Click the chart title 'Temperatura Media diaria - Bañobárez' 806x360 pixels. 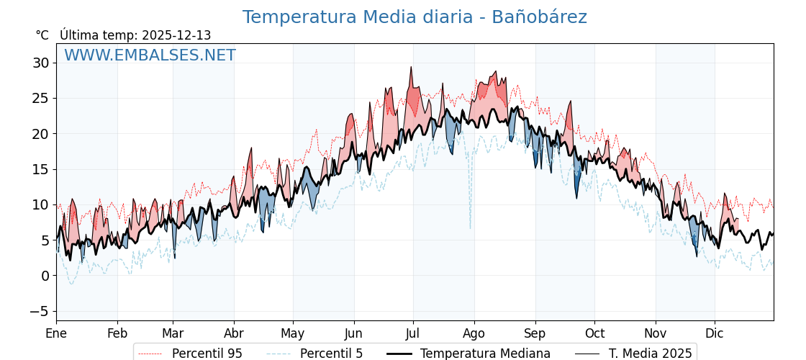[x=414, y=17]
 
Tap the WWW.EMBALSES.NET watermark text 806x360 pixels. [x=150, y=55]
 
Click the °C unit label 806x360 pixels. [x=42, y=35]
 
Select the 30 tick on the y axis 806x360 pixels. [x=40, y=63]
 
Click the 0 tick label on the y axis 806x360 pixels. [x=45, y=276]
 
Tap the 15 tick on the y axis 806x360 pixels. [x=40, y=169]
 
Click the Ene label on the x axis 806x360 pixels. [x=56, y=333]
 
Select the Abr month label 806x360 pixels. [x=234, y=333]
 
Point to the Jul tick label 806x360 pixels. [x=413, y=333]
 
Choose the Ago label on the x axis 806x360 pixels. [x=474, y=333]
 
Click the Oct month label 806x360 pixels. [x=594, y=333]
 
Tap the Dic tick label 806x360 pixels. [x=715, y=333]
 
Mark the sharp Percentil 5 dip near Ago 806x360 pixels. [x=471, y=228]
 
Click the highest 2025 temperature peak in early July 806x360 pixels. [x=411, y=68]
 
